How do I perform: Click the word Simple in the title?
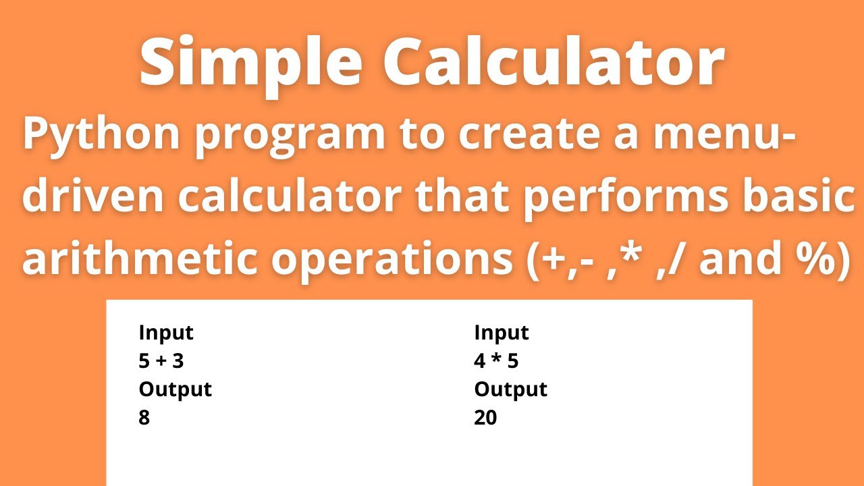[x=252, y=64]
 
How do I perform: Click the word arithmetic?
[x=138, y=259]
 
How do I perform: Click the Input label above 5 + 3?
[x=166, y=333]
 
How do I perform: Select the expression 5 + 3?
[x=161, y=361]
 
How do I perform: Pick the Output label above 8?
[x=175, y=389]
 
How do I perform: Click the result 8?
[x=144, y=418]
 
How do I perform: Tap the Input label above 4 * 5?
[x=502, y=333]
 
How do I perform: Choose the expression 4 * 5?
[x=496, y=361]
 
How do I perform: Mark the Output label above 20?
[x=511, y=389]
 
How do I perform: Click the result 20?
[x=485, y=418]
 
